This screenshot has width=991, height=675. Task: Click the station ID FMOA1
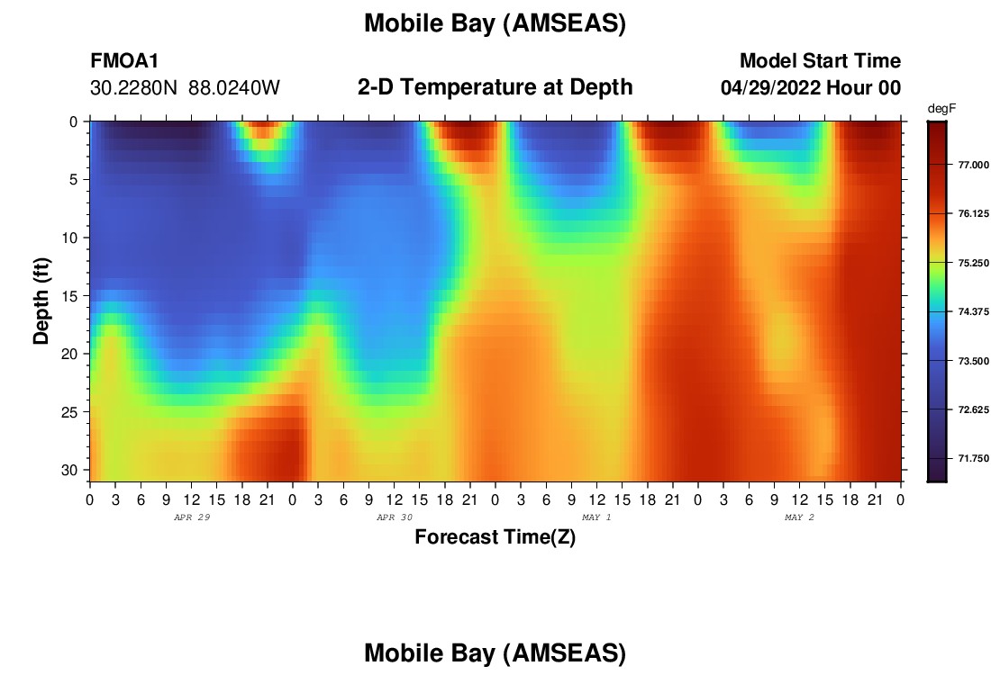click(x=124, y=61)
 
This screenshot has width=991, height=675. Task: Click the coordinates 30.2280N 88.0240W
click(x=185, y=88)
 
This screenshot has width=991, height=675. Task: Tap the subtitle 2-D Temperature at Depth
click(x=495, y=87)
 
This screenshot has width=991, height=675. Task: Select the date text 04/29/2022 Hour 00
click(x=810, y=88)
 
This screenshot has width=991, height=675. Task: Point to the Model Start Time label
click(x=820, y=61)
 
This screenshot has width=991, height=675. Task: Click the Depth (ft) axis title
click(x=41, y=301)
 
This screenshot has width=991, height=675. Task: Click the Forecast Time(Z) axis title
click(x=495, y=536)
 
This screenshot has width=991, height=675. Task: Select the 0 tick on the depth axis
click(x=73, y=121)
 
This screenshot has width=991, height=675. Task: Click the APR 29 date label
click(x=192, y=517)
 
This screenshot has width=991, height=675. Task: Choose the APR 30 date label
click(x=395, y=517)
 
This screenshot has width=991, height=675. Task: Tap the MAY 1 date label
click(x=596, y=517)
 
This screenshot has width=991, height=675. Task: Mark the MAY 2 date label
click(x=799, y=517)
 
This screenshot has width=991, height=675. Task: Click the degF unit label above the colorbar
click(x=941, y=109)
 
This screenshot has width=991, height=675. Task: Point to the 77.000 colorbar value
click(x=973, y=165)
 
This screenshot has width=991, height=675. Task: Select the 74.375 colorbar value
click(x=973, y=312)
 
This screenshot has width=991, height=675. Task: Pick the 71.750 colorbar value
click(x=973, y=458)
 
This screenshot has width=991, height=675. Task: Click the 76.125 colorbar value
click(x=973, y=214)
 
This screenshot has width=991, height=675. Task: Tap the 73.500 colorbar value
click(x=973, y=361)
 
